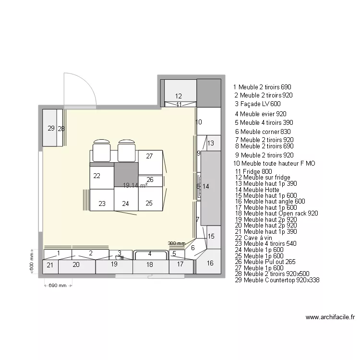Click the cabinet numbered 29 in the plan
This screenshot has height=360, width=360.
tap(50, 128)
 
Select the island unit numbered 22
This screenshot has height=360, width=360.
tap(97, 176)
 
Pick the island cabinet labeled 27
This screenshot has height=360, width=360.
tap(150, 156)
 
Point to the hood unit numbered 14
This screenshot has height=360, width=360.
tap(209, 187)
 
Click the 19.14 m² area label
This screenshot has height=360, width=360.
tap(134, 185)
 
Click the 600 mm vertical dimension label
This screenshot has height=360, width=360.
tap(32, 262)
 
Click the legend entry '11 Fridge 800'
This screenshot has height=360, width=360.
tap(253, 171)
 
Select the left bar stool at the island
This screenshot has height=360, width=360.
tap(101, 150)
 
